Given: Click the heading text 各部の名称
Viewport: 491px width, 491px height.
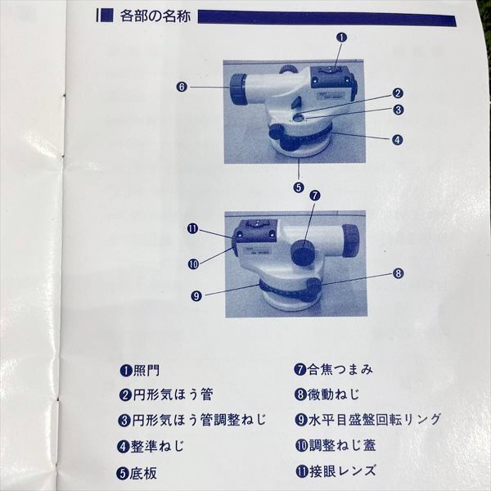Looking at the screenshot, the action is click(x=155, y=16).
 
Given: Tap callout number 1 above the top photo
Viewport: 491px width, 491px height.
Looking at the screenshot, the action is click(x=341, y=38).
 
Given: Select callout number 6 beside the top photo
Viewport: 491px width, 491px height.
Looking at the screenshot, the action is click(x=182, y=87).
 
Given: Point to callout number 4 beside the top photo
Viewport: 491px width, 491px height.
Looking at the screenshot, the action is click(x=398, y=140).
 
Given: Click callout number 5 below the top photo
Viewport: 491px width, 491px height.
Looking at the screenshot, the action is click(x=299, y=187).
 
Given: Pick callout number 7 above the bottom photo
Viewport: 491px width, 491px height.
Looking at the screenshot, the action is click(x=315, y=196).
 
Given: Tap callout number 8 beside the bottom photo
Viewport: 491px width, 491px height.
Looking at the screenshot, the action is click(x=399, y=273).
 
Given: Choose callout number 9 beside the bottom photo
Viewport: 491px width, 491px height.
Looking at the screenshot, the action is click(x=196, y=296).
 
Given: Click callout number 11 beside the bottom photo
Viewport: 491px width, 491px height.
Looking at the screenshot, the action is click(x=193, y=228).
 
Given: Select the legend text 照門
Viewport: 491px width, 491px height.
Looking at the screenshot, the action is click(x=146, y=371).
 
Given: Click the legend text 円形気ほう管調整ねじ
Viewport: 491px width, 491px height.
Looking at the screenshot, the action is click(x=199, y=420).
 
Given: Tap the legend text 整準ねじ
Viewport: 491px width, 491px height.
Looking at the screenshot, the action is click(x=157, y=446).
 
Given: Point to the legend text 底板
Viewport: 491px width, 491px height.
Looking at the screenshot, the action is click(x=142, y=473).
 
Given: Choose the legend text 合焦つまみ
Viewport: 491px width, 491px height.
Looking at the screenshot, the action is click(x=340, y=370).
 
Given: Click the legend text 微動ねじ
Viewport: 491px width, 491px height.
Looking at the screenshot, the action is click(x=333, y=394).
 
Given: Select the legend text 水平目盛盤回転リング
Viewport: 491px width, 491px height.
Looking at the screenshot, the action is click(x=375, y=420).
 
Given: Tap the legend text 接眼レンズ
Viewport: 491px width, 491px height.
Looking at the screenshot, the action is click(x=343, y=471).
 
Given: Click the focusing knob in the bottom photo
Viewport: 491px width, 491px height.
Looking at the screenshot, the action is click(x=304, y=252).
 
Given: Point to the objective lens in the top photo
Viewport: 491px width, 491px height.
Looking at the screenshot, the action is click(x=239, y=90).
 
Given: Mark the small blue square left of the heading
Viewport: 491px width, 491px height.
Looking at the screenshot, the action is click(x=107, y=16).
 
